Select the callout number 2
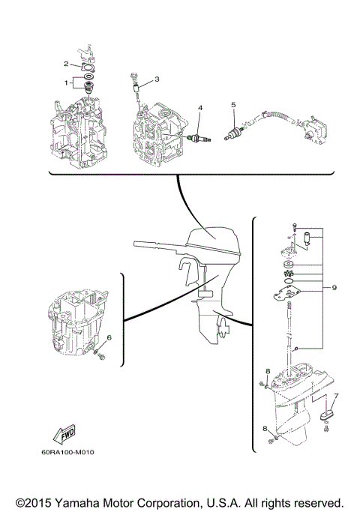click(x=66, y=64)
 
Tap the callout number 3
click(x=157, y=79)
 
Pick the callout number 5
click(x=233, y=104)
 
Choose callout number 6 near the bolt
click(x=109, y=338)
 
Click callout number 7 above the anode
click(x=336, y=397)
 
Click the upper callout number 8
click(x=267, y=371)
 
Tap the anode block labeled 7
click(x=327, y=413)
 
